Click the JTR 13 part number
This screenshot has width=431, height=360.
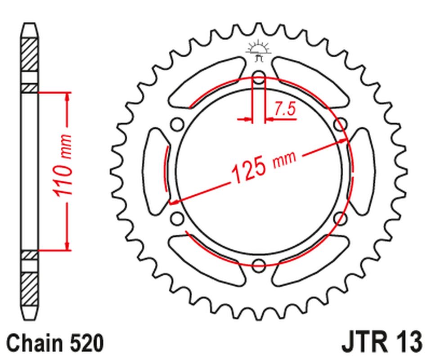382,343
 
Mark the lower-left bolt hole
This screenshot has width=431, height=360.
177,219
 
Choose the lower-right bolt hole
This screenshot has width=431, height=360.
340,219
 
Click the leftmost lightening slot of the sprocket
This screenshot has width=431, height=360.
155,171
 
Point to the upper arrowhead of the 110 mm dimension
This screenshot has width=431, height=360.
67,97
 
